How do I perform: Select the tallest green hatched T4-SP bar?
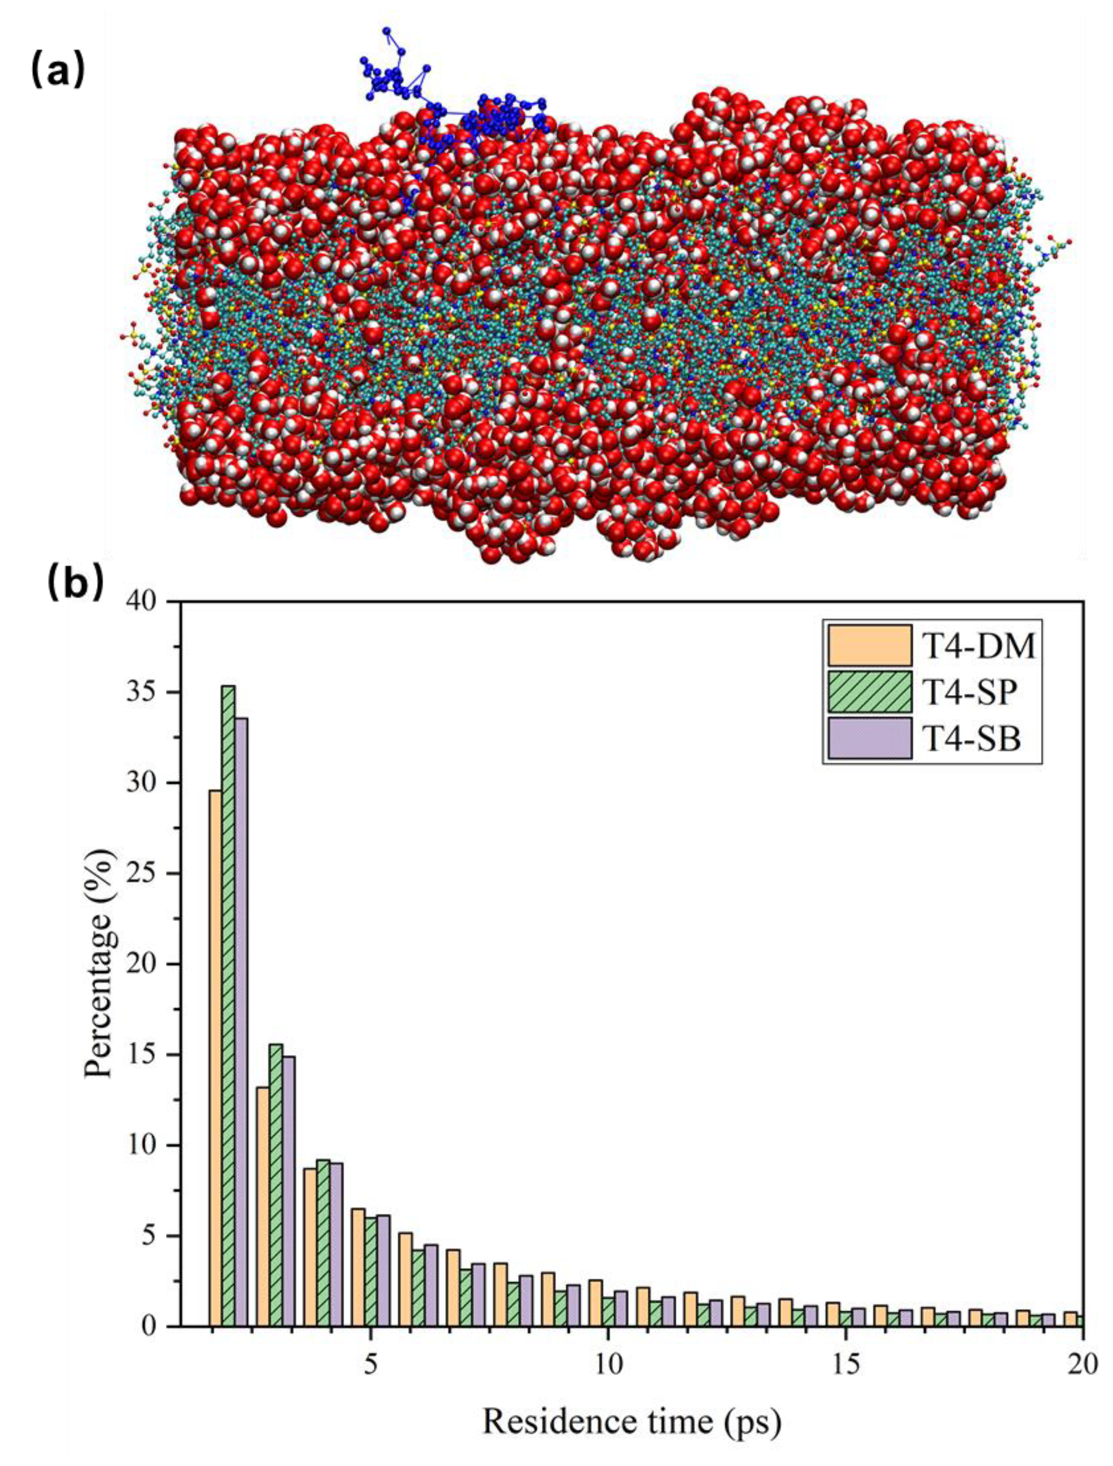(228, 1007)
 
